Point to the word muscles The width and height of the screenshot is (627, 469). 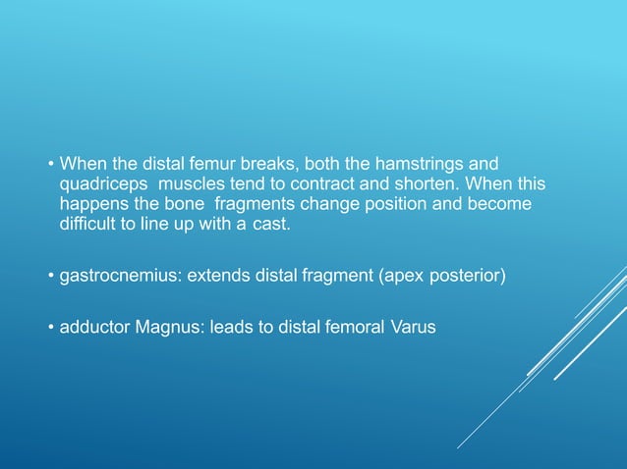click(188, 183)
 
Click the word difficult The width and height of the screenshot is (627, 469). click(88, 225)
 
